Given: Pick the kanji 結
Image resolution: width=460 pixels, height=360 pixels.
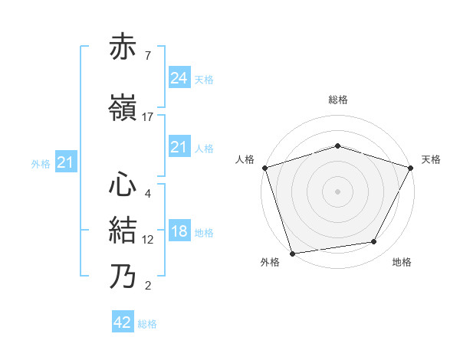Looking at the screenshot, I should click(123, 230).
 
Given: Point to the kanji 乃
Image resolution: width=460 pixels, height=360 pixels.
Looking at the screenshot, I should click(123, 276).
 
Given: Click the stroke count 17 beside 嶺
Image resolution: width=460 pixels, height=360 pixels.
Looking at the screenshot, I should click(148, 116).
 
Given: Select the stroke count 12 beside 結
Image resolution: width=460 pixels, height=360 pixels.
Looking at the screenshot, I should click(148, 239).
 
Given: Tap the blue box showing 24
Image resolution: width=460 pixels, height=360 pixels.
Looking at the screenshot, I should click(179, 78).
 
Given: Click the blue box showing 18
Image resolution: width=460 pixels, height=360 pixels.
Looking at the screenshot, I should click(179, 232).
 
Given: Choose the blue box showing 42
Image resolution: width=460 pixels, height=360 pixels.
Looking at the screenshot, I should click(123, 322).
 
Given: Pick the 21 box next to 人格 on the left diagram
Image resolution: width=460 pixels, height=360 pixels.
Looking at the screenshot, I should click(179, 147).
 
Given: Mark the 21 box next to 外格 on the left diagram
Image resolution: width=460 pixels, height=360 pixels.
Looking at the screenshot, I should click(65, 162).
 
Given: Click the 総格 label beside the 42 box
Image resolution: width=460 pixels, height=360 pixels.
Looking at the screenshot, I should click(147, 324).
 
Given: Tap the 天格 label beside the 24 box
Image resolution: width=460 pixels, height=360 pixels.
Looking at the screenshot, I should click(204, 80).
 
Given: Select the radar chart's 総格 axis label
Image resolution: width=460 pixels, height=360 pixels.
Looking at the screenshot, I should click(338, 100).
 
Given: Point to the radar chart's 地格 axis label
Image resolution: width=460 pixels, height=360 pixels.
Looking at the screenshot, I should click(402, 263).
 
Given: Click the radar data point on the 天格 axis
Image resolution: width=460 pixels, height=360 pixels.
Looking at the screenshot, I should click(412, 167).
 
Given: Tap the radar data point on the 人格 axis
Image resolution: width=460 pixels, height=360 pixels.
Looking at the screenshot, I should click(264, 168).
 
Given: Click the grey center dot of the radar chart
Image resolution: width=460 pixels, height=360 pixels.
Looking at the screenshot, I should click(338, 191).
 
